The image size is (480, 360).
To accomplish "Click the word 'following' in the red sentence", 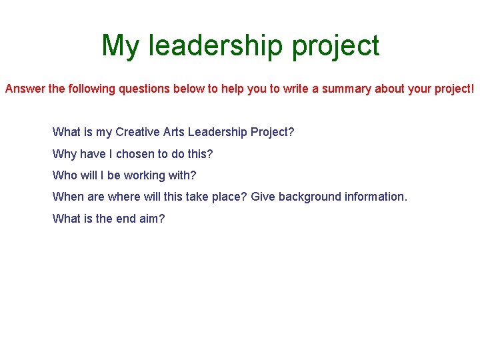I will pyautogui.click(x=91, y=89).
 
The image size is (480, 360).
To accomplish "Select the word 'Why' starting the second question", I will pyautogui.click(x=64, y=154).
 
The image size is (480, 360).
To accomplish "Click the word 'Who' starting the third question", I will pyautogui.click(x=65, y=175).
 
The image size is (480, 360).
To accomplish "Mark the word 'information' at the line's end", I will pyautogui.click(x=375, y=197).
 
